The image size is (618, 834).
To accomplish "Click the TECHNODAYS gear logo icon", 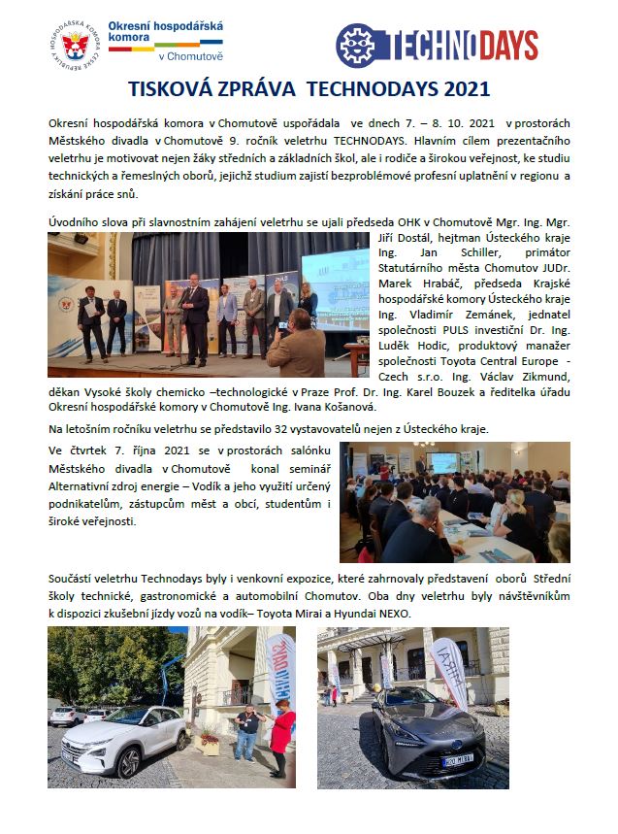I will click(355, 46).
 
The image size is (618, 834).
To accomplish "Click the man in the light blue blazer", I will click(226, 316).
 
